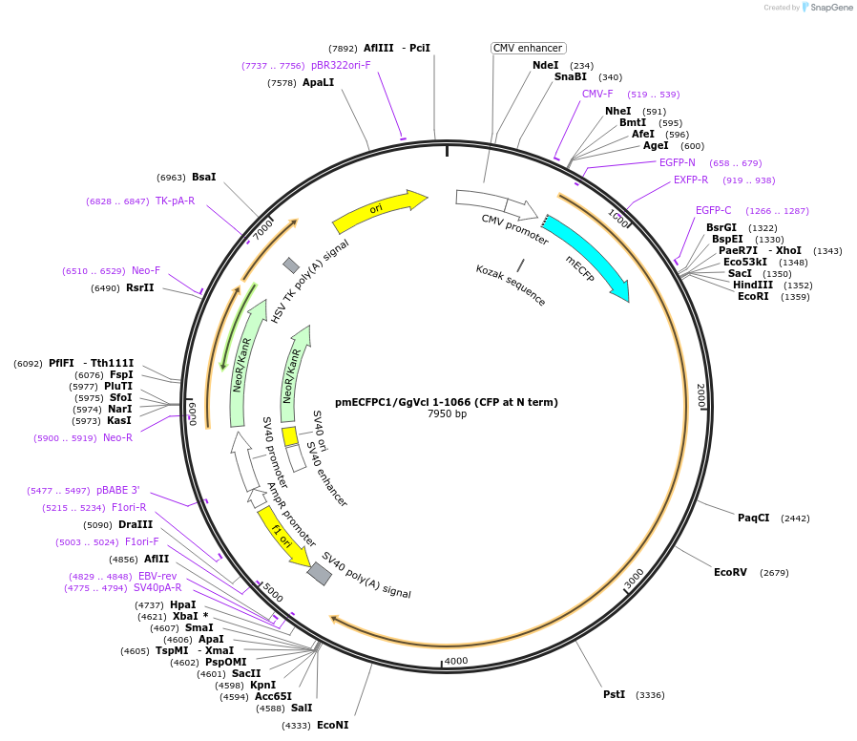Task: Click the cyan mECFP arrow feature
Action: click(x=587, y=256)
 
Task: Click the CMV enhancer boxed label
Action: click(x=529, y=48)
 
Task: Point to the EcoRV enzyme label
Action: click(x=730, y=572)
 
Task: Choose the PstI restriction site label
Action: click(x=614, y=694)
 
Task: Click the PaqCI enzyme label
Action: click(x=753, y=518)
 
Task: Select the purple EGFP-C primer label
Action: click(x=713, y=210)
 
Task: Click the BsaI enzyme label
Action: click(x=204, y=177)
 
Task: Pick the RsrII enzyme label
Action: click(x=139, y=287)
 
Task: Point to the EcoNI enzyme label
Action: click(x=333, y=725)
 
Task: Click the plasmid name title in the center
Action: click(x=447, y=402)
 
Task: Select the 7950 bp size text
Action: click(x=447, y=414)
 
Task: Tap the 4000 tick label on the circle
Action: click(x=456, y=661)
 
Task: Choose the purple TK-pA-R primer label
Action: click(x=175, y=201)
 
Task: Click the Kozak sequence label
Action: click(x=511, y=285)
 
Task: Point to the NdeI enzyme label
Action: click(x=546, y=65)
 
